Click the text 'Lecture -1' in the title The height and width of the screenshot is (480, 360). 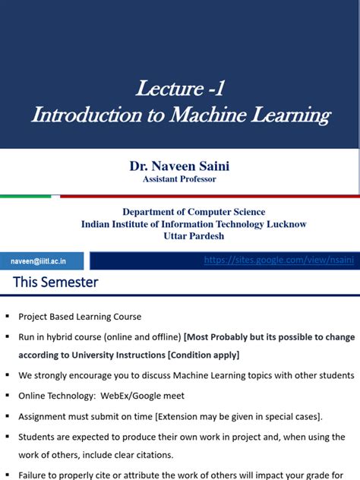[x=180, y=89]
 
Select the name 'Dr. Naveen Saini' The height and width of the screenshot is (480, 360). [x=179, y=165]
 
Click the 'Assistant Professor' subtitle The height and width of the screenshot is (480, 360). [x=179, y=179]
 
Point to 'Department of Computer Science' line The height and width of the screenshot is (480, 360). [x=194, y=212]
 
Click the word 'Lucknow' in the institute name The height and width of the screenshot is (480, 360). [x=283, y=224]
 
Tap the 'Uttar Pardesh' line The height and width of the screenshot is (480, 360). [x=194, y=236]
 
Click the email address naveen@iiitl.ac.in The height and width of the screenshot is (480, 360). [x=39, y=261]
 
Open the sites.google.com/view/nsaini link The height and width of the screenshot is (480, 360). [x=279, y=261]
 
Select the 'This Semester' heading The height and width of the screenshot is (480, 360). [x=55, y=283]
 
